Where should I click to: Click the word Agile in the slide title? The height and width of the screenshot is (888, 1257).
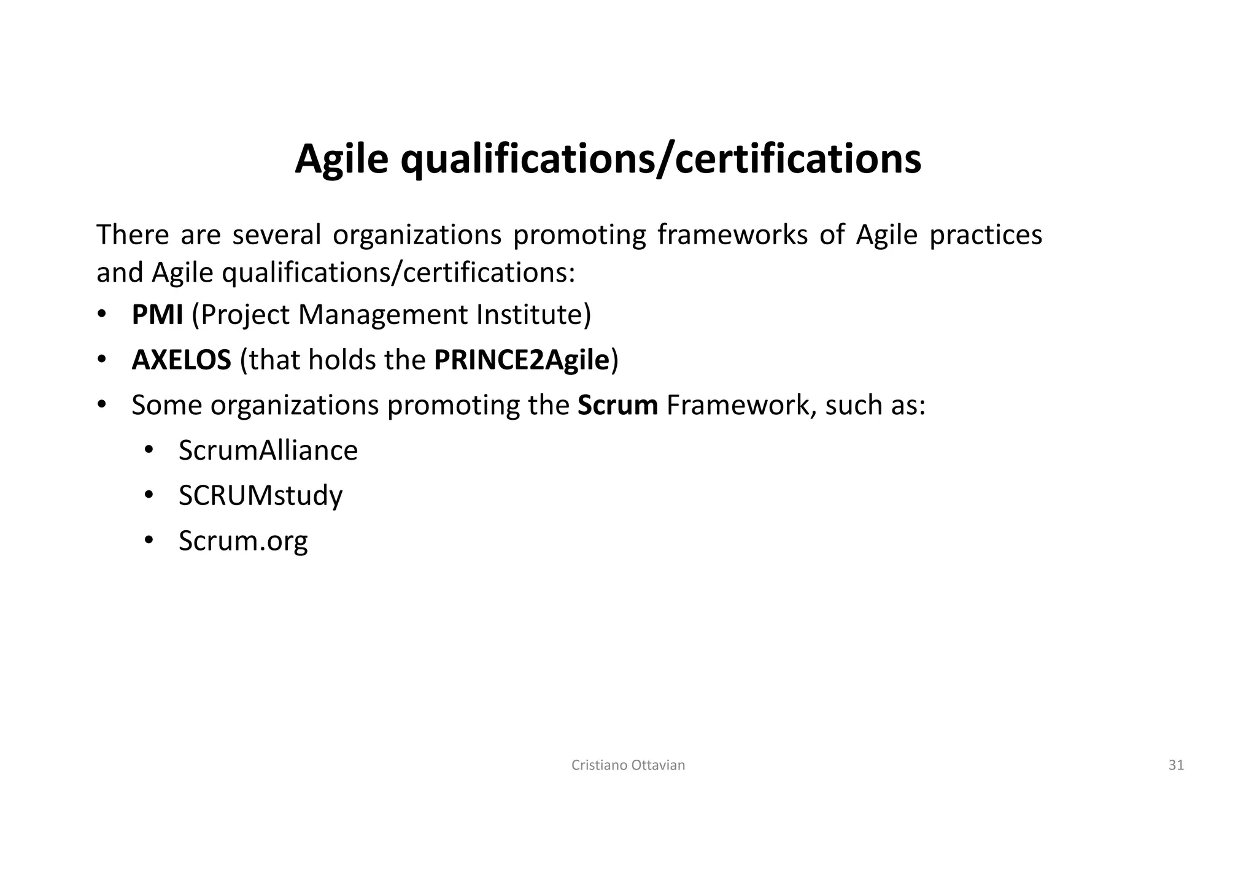(341, 159)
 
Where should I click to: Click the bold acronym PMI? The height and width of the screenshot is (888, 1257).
(157, 315)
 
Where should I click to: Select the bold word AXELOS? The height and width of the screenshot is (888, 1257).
(181, 360)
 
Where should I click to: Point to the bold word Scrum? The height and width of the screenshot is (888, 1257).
(617, 406)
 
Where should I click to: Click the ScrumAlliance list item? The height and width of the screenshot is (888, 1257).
(268, 450)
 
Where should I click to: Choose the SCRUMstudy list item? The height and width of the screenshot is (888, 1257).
(260, 496)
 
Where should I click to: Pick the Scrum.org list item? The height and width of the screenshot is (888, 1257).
(243, 541)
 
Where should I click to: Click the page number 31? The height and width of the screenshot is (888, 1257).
(1176, 765)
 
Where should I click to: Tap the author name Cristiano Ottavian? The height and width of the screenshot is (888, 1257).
(628, 765)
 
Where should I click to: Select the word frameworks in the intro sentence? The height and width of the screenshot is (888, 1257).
(732, 235)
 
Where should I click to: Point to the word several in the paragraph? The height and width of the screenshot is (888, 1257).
(277, 235)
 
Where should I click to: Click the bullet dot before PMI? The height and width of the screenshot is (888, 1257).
(101, 315)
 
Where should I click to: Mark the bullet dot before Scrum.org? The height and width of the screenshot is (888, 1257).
(149, 541)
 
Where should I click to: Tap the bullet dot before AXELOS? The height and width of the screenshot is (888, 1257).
(101, 360)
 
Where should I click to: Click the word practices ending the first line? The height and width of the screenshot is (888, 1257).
(985, 235)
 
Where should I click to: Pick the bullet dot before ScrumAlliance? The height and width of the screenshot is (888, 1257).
(149, 450)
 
